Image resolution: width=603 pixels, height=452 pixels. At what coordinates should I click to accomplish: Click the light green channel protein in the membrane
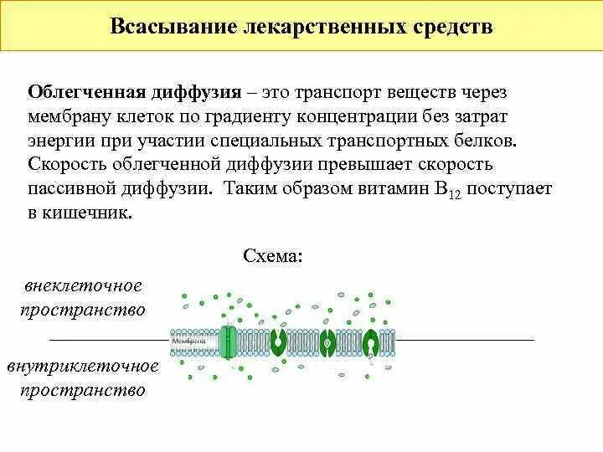coord(229,342)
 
